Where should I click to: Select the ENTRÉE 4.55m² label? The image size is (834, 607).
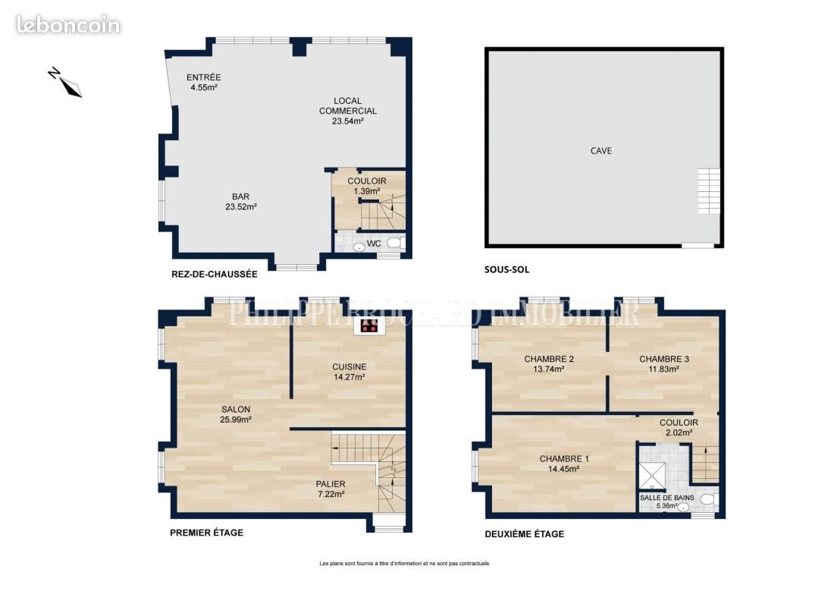203,82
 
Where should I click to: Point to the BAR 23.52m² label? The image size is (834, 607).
240,201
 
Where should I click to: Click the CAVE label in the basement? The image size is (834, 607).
601,151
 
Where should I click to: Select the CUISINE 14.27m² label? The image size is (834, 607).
350,371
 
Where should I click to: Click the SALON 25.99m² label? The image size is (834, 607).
235,414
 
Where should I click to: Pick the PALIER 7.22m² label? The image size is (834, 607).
331,489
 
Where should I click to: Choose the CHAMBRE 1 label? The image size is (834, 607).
563,464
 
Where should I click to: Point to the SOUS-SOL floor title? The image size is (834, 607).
506,269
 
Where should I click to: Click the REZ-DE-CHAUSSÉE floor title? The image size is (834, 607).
214,274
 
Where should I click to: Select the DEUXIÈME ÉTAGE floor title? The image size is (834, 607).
524,534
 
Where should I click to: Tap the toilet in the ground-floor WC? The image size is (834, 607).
394,244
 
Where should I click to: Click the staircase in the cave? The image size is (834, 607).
708,191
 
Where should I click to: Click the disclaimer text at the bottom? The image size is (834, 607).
404,563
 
